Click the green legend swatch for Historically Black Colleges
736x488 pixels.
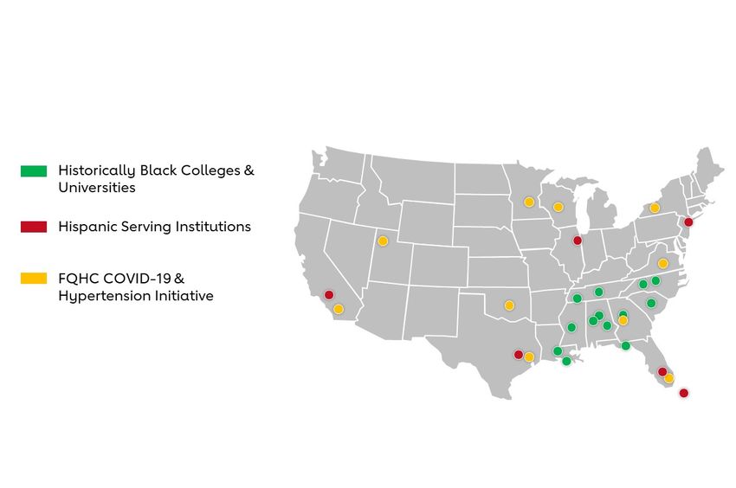pyautogui.click(x=34, y=170)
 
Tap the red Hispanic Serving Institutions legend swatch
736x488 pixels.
pyautogui.click(x=34, y=227)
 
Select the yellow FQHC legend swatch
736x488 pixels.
pyautogui.click(x=34, y=279)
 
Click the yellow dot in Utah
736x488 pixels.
pyautogui.click(x=383, y=241)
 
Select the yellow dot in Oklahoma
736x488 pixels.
pyautogui.click(x=509, y=305)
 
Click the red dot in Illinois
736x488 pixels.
pyautogui.click(x=578, y=241)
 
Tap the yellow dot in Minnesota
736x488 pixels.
pyautogui.click(x=528, y=202)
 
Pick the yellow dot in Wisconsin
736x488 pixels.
pyautogui.click(x=558, y=207)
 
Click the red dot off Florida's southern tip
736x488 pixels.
pyautogui.click(x=683, y=393)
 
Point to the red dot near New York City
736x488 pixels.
pyautogui.click(x=688, y=222)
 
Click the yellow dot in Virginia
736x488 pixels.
pyautogui.click(x=662, y=263)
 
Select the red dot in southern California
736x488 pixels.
pyautogui.click(x=329, y=295)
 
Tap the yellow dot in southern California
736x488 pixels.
pyautogui.click(x=339, y=309)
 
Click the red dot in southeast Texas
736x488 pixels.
pyautogui.click(x=519, y=354)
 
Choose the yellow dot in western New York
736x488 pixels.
pyautogui.click(x=655, y=208)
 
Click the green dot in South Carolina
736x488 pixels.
pyautogui.click(x=651, y=303)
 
